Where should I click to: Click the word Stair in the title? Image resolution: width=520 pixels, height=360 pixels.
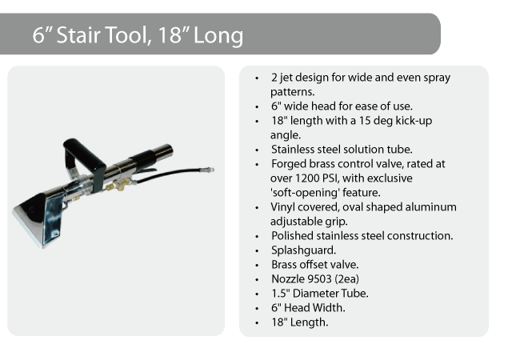point(78,35)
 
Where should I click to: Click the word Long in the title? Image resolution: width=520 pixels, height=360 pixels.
point(218,36)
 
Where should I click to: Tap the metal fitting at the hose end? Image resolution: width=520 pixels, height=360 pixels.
point(206,170)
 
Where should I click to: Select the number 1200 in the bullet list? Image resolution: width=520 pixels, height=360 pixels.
point(307,178)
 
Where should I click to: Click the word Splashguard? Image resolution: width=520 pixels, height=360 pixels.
point(303,250)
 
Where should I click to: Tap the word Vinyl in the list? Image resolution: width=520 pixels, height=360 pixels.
point(283,207)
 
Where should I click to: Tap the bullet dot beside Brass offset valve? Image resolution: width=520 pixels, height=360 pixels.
point(257,266)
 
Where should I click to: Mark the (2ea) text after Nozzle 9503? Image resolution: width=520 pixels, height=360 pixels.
point(347,279)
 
